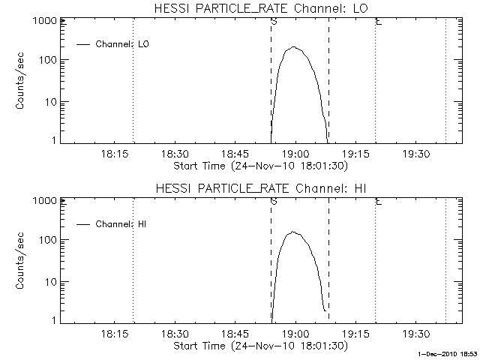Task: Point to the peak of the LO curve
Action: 295,47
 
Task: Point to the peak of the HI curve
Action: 295,232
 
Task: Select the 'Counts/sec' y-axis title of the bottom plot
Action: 22,261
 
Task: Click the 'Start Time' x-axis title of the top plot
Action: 259,166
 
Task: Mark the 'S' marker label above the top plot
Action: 273,22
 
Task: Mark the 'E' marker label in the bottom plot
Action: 378,202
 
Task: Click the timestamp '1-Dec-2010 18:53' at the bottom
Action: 448,352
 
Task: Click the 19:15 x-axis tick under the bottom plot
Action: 355,334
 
